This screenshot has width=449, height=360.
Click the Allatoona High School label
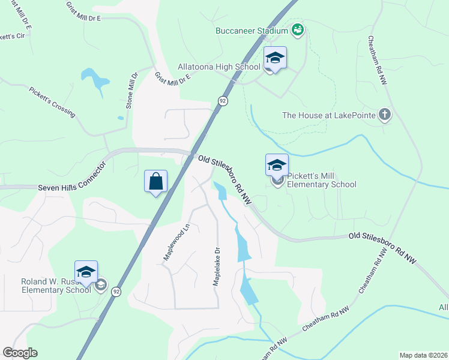(x=219, y=67)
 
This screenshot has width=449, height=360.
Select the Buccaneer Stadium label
(x=252, y=30)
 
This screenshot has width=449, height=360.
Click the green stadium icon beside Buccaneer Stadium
(x=297, y=29)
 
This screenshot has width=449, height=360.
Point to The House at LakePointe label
(x=329, y=115)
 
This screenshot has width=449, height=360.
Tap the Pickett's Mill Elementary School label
(x=322, y=180)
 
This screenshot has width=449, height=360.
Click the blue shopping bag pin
(x=156, y=181)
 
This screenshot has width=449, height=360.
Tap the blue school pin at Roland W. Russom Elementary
(x=86, y=272)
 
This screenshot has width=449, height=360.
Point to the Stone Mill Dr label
(x=131, y=91)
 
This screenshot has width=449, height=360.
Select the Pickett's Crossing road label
(x=52, y=102)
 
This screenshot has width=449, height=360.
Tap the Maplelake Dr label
(x=218, y=267)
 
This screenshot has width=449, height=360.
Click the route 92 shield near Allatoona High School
(x=223, y=101)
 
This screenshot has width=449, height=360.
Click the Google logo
(x=20, y=353)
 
